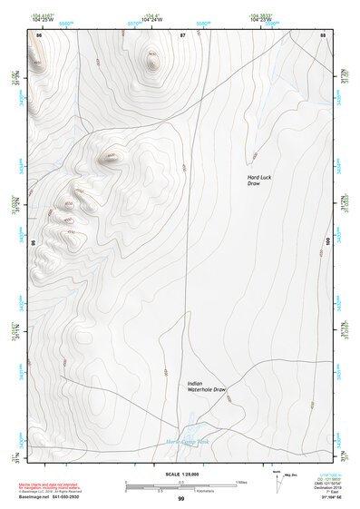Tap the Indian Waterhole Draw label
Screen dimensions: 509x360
point(206,387)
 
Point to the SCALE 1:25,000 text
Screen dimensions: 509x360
point(180,474)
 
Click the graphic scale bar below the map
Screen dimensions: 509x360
point(180,485)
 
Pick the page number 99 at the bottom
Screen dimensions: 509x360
point(180,499)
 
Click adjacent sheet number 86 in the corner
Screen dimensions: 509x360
point(38,34)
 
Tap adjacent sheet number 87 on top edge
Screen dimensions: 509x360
point(181,34)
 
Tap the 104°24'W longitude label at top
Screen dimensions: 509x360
point(151,19)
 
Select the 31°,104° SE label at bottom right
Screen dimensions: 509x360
point(320,497)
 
